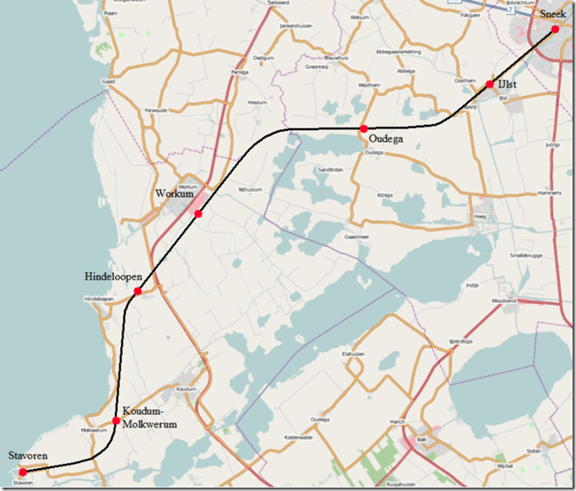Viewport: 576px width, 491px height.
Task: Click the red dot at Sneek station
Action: click(555, 29)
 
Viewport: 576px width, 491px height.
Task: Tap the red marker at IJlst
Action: click(490, 84)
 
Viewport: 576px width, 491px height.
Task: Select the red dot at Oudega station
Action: click(363, 128)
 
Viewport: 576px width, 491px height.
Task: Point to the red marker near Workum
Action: click(198, 213)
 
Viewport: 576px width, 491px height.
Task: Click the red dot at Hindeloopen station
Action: click(138, 291)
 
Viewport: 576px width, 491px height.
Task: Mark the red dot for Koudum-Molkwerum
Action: click(116, 420)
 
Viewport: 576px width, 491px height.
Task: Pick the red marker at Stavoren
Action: click(23, 472)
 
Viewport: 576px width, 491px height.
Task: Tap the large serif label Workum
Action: click(176, 194)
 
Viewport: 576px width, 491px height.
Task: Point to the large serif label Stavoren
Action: click(28, 457)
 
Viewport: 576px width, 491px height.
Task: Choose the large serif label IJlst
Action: click(507, 84)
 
